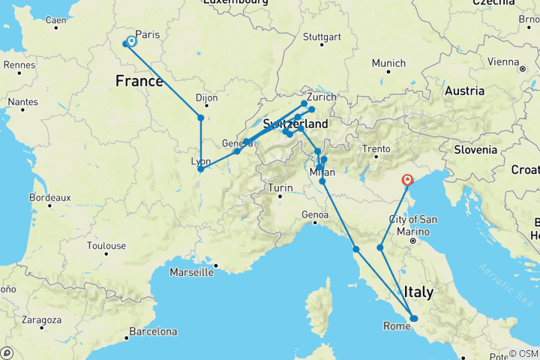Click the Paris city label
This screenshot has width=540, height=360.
click(x=148, y=34)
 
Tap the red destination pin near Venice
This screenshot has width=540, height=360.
click(x=408, y=180)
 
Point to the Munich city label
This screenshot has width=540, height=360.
click(x=388, y=63)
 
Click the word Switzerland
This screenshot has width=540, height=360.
click(x=295, y=123)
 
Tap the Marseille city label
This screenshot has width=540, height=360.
click(x=190, y=271)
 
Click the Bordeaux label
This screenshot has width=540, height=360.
click(x=50, y=198)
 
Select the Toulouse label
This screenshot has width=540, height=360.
click(x=106, y=245)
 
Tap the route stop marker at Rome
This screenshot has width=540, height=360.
click(x=413, y=319)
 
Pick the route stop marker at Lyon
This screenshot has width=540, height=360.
click(x=200, y=169)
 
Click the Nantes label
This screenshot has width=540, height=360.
click(x=24, y=101)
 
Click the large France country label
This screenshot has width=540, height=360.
click(x=139, y=80)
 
